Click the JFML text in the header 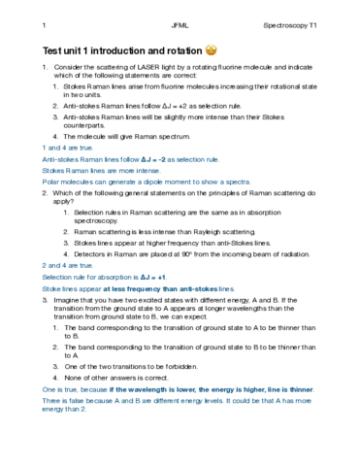[179, 23]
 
